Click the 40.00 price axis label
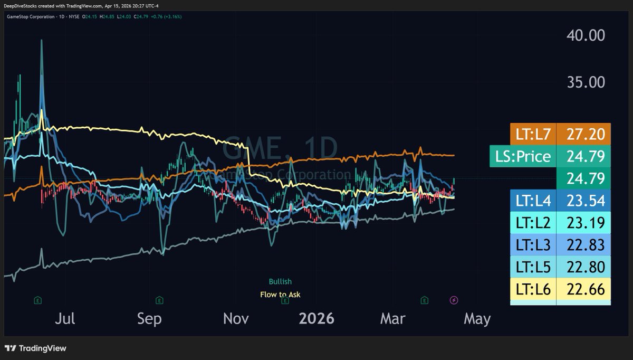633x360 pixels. click(x=586, y=36)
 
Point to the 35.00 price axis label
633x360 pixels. click(x=586, y=82)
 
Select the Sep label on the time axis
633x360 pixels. click(x=149, y=319)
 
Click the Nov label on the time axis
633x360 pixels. click(x=236, y=319)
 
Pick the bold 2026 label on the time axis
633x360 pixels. click(x=316, y=319)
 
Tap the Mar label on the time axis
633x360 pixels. click(x=393, y=319)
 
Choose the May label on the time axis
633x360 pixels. click(x=477, y=319)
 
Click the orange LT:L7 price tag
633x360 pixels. click(x=533, y=134)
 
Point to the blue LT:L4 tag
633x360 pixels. click(x=533, y=201)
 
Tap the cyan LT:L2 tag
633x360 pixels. click(x=533, y=223)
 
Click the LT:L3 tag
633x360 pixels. click(x=533, y=245)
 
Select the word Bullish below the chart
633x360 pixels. click(x=280, y=282)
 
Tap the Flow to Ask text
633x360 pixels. click(x=280, y=295)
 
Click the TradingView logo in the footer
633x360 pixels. click(x=35, y=348)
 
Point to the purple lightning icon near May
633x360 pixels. click(x=454, y=300)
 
